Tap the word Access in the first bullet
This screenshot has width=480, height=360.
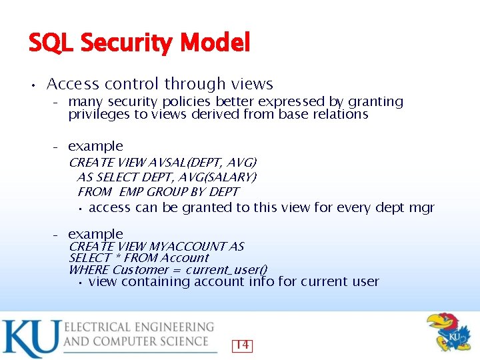pyautogui.click(x=73, y=84)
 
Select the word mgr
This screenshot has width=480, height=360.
pyautogui.click(x=421, y=207)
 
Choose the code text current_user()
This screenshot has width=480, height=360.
pyautogui.click(x=226, y=270)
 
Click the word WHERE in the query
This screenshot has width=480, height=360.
pyautogui.click(x=89, y=270)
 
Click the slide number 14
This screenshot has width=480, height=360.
pyautogui.click(x=242, y=345)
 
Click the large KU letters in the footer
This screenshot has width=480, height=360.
pyautogui.click(x=31, y=339)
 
